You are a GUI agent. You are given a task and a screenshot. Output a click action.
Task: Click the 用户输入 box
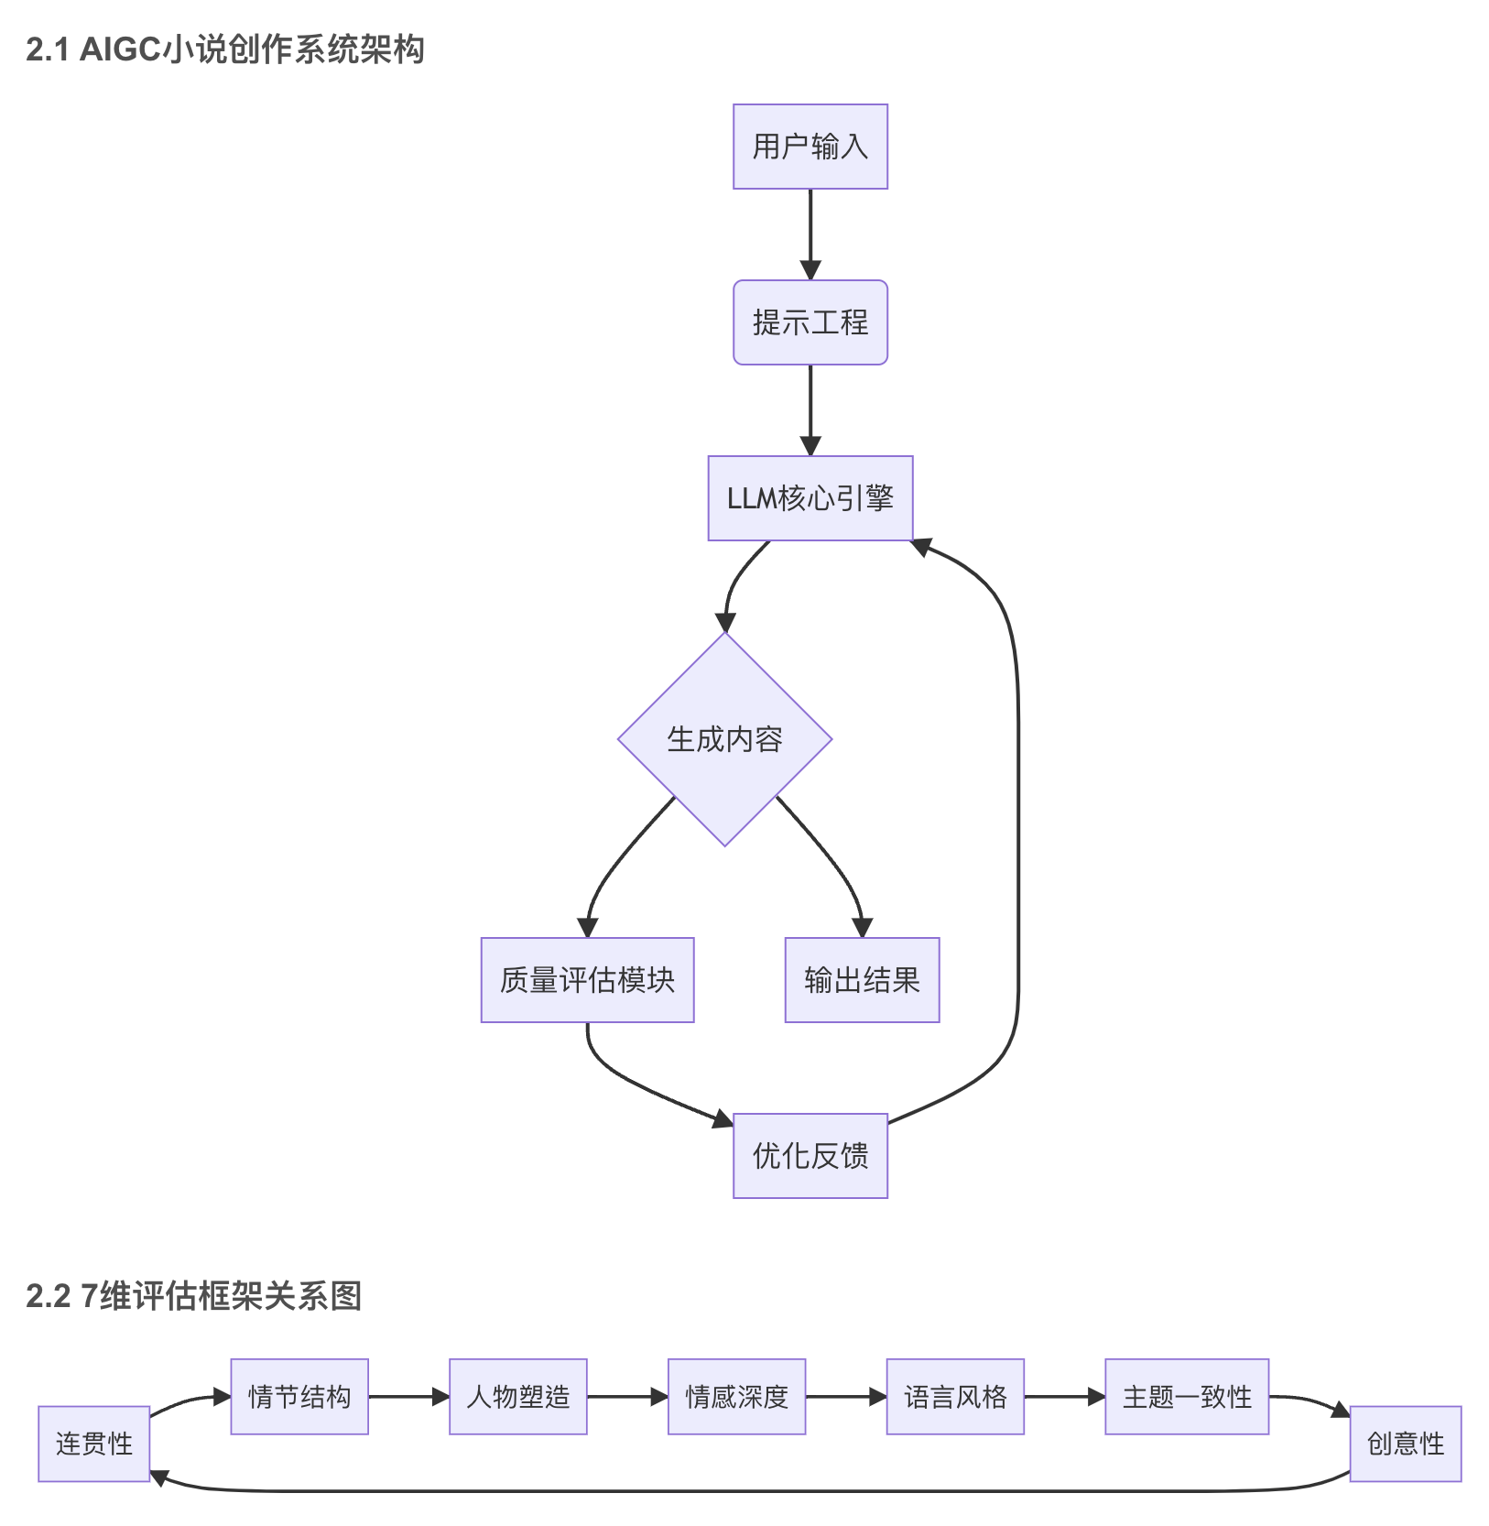[x=810, y=147]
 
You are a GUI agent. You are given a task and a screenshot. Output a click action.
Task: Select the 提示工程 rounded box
[x=810, y=322]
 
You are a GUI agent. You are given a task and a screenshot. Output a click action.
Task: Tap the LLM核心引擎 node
[x=810, y=498]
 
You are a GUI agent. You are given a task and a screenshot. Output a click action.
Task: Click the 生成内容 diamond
[x=724, y=739]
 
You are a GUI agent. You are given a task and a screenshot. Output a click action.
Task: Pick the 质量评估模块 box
[x=587, y=980]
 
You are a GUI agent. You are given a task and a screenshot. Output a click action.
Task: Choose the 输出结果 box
[x=862, y=980]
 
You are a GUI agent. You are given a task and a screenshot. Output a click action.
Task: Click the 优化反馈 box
[x=810, y=1156]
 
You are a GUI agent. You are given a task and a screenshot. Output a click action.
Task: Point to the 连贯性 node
[x=93, y=1444]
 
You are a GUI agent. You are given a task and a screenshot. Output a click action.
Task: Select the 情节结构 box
[x=299, y=1397]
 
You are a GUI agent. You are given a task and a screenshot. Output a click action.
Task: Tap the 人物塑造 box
[x=517, y=1397]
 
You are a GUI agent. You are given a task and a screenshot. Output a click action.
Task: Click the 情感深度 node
[x=736, y=1397]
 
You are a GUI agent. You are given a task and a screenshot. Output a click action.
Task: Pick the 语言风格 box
[x=955, y=1397]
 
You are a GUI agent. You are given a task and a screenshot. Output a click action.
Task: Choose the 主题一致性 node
[x=1187, y=1397]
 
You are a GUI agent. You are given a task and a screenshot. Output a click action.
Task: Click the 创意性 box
[x=1405, y=1444]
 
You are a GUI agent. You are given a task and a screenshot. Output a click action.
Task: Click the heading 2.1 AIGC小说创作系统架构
[x=225, y=49]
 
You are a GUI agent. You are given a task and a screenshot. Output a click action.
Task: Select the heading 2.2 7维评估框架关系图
[x=194, y=1296]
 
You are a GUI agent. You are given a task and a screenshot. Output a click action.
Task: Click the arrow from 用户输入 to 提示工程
[x=810, y=234]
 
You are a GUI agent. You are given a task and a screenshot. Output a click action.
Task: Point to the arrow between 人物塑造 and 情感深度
[x=627, y=1397]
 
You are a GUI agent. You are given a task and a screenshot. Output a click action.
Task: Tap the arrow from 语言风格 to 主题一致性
[x=1064, y=1397]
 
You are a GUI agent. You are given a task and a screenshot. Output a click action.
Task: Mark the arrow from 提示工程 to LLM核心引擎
[x=810, y=410]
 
